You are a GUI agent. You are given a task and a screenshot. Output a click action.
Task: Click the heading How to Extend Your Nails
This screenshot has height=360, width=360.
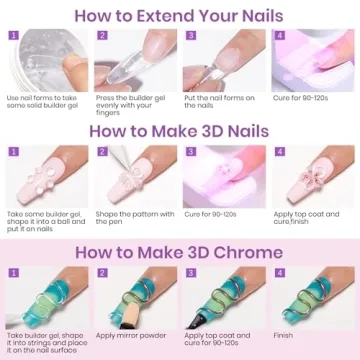point(180,15)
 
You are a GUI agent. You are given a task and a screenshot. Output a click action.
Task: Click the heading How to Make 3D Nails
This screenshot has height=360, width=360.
point(180,131)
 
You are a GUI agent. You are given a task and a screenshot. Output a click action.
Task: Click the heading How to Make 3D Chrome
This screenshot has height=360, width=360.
point(180,252)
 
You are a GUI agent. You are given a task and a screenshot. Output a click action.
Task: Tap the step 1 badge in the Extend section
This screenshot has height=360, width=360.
point(13,35)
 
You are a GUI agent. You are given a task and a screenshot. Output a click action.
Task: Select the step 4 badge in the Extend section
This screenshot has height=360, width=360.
point(280,35)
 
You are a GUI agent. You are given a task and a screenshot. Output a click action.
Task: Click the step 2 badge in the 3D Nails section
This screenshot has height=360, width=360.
point(102,153)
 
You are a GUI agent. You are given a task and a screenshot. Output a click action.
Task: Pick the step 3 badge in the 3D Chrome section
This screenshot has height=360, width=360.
point(191,273)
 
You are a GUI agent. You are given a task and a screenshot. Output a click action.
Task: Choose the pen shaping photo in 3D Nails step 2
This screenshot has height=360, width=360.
point(134,176)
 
